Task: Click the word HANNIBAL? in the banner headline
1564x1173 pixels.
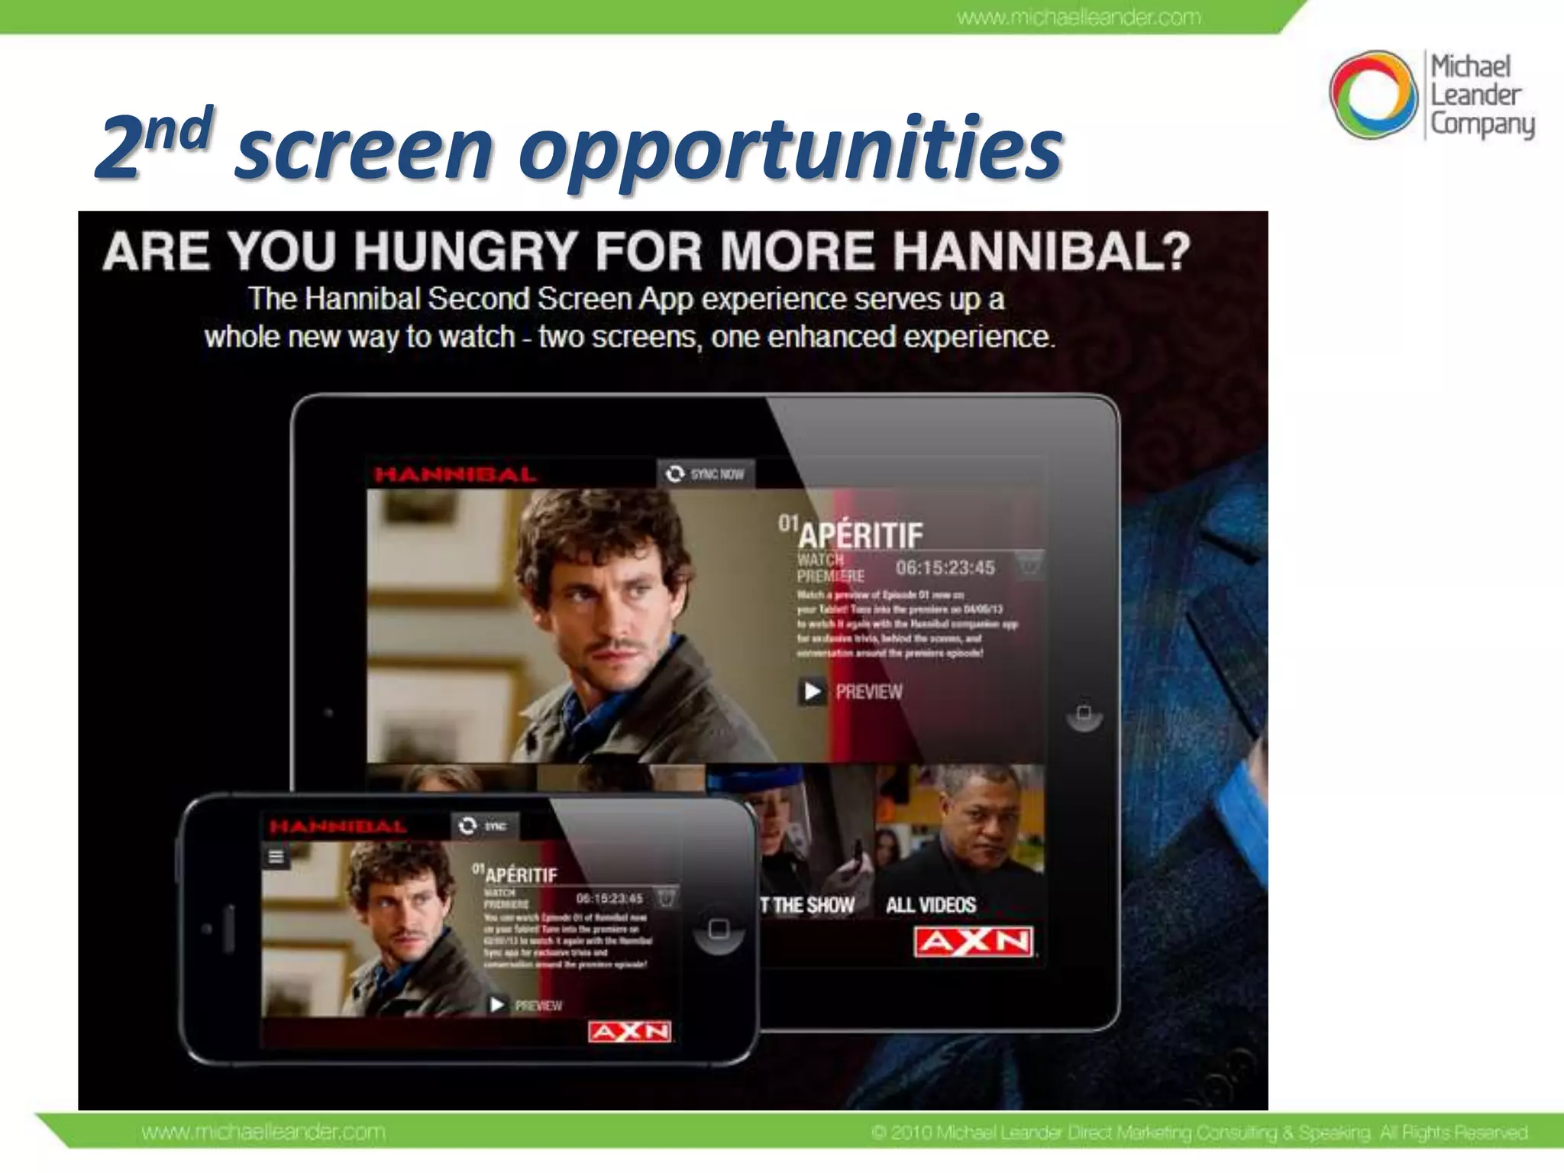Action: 1042,250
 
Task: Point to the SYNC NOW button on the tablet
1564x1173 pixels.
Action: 706,474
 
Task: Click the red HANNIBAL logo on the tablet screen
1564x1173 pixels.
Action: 455,475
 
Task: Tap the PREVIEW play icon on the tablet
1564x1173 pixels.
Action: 812,691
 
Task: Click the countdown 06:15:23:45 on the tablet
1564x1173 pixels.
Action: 945,567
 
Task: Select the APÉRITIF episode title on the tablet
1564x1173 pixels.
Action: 860,535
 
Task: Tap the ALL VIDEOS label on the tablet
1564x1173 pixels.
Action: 930,905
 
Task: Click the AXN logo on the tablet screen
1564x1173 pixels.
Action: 973,942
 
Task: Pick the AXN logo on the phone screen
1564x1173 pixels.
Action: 630,1032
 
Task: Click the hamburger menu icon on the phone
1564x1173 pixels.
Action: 276,857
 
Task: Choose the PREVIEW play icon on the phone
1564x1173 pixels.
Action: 497,1004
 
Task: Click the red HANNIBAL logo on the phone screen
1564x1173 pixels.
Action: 338,826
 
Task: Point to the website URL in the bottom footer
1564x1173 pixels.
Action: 263,1132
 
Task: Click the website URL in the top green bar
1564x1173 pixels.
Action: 1078,17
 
